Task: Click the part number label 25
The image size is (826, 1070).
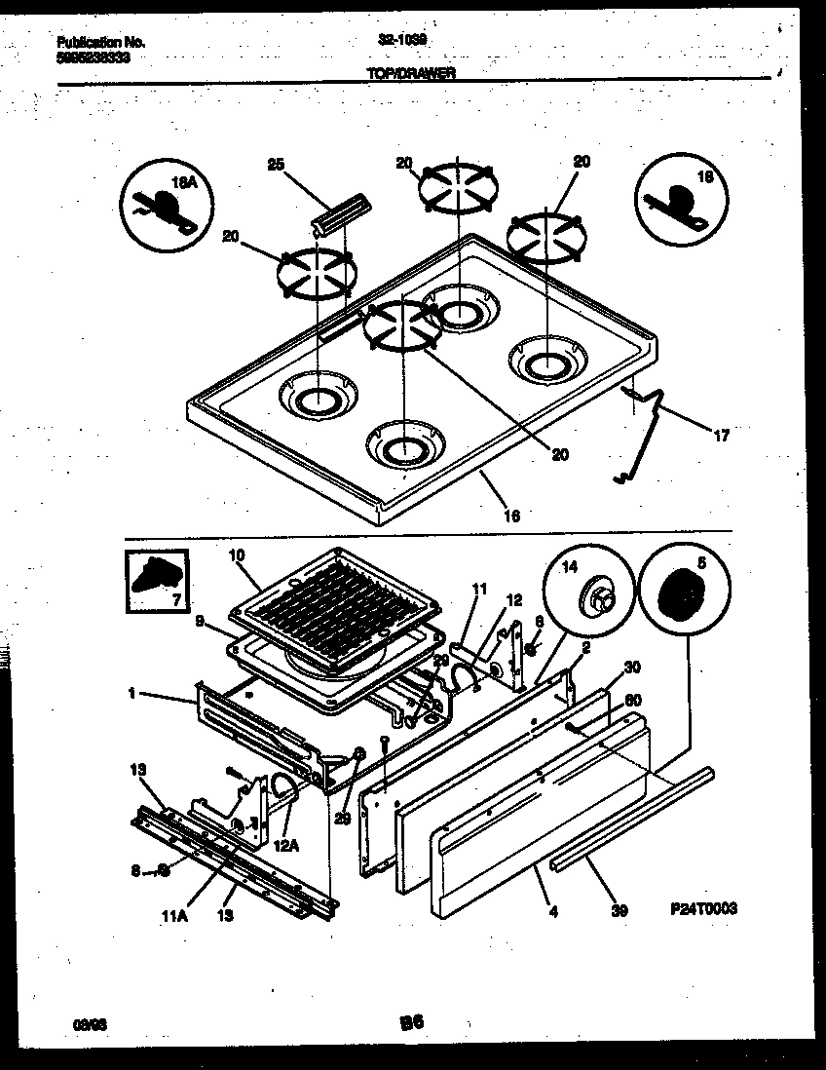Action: coord(276,166)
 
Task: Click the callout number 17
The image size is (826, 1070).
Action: coord(721,436)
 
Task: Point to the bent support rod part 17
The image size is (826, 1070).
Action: coord(646,429)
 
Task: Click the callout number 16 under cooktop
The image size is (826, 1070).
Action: coord(511,516)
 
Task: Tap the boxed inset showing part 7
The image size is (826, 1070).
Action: coord(158,582)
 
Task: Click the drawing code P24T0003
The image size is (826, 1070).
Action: coord(703,908)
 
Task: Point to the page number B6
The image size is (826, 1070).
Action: coord(412,1022)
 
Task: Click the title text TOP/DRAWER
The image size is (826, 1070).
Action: coord(411,73)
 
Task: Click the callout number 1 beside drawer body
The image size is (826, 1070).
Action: coord(130,694)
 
